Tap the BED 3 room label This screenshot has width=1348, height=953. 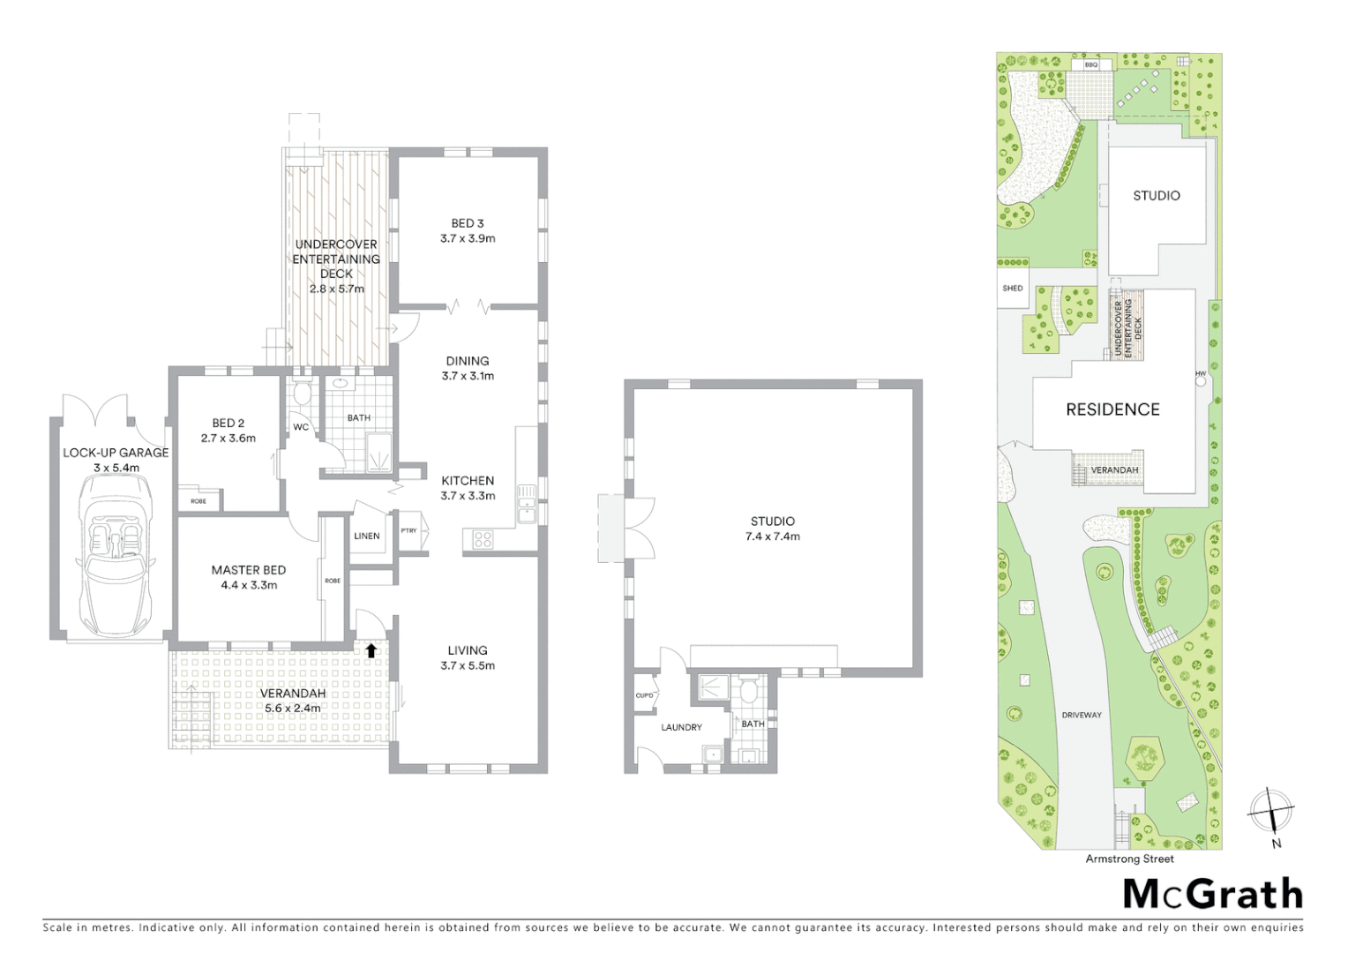pyautogui.click(x=468, y=223)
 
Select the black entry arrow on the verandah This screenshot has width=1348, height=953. pyautogui.click(x=371, y=650)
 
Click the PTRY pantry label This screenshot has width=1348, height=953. pyautogui.click(x=408, y=530)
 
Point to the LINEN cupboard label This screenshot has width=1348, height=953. pyautogui.click(x=367, y=536)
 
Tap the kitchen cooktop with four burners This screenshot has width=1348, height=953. pyautogui.click(x=483, y=538)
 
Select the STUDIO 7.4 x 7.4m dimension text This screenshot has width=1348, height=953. pyautogui.click(x=773, y=537)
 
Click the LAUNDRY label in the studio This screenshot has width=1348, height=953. pyautogui.click(x=682, y=727)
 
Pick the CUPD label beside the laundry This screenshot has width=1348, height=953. pyautogui.click(x=645, y=695)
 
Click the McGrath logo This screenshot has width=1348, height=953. pyautogui.click(x=1213, y=894)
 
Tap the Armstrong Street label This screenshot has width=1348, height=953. pyautogui.click(x=1129, y=859)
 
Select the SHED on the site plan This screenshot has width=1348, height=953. pyautogui.click(x=1013, y=289)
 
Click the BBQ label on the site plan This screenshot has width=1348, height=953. pyautogui.click(x=1091, y=64)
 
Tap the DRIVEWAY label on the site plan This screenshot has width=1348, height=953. pyautogui.click(x=1082, y=715)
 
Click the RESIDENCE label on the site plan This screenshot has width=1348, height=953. pyautogui.click(x=1112, y=409)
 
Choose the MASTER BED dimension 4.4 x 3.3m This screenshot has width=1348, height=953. pyautogui.click(x=249, y=585)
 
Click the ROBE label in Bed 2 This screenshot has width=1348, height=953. pyautogui.click(x=198, y=501)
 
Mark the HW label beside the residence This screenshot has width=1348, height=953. pyautogui.click(x=1201, y=374)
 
